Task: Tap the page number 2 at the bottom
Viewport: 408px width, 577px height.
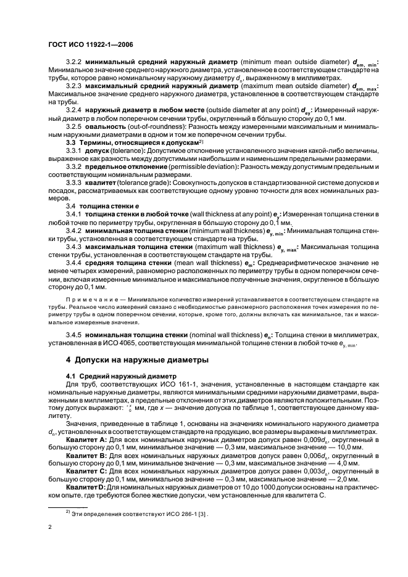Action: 50,527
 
